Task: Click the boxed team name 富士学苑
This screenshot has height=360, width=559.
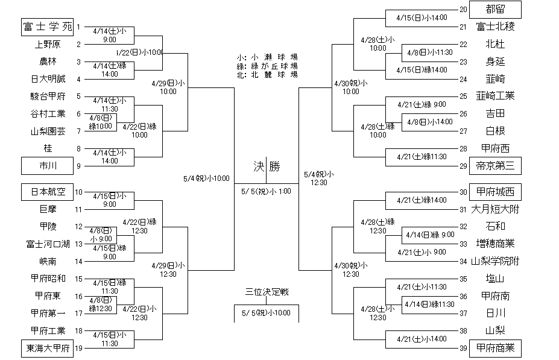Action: [46, 27]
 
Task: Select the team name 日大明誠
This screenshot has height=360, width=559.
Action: [46, 79]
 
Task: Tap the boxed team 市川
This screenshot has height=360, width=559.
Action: [46, 165]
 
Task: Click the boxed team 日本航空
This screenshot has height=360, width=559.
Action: [46, 192]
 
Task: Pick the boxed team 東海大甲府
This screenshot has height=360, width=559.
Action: [46, 348]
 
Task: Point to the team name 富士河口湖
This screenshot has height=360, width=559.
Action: [48, 244]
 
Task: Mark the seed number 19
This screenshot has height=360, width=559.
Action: [78, 348]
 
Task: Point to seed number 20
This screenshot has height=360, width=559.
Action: [463, 9]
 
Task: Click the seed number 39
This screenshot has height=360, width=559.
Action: [463, 348]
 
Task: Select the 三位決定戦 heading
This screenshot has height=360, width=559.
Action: [267, 292]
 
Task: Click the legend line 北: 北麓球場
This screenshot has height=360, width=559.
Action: [268, 75]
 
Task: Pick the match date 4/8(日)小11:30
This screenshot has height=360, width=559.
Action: [429, 52]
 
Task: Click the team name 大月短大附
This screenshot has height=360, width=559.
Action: [495, 210]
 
